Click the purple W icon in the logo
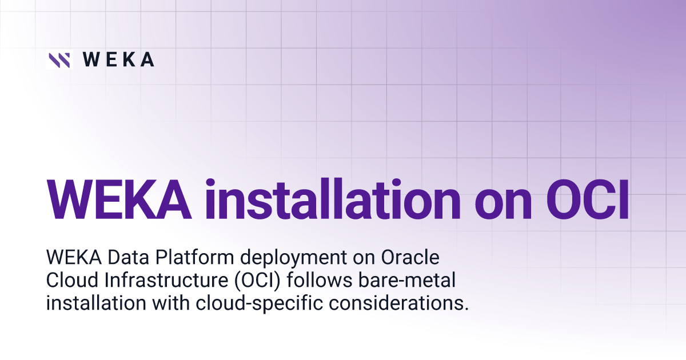59,59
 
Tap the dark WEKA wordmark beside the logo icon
118,59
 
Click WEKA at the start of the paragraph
70,258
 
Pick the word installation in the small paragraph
95,303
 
